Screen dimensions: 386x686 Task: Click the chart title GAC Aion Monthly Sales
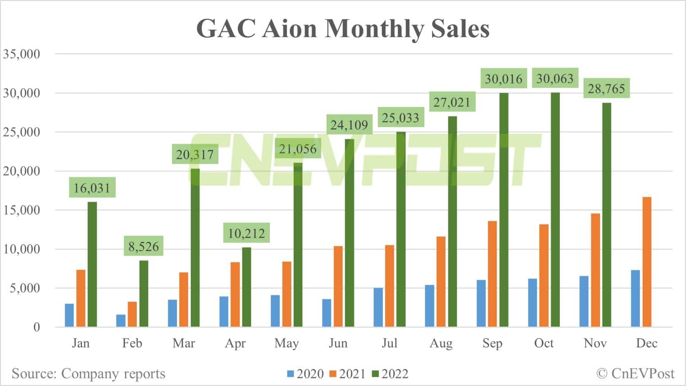[x=343, y=28]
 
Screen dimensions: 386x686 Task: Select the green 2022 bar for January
[x=92, y=264]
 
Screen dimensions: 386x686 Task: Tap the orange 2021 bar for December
[x=647, y=262]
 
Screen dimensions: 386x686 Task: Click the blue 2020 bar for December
[x=635, y=298]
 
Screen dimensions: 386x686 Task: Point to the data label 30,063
[x=554, y=79]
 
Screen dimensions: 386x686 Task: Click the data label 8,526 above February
[x=144, y=247]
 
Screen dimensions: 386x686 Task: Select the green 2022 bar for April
[x=247, y=287]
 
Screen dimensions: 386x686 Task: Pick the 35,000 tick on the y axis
[x=21, y=54]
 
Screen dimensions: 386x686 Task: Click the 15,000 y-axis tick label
[x=21, y=210]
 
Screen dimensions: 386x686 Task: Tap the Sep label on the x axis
[x=492, y=343]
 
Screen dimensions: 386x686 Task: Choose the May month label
[x=286, y=343]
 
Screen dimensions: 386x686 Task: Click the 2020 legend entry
[x=305, y=374]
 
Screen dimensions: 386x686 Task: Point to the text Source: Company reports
[x=88, y=374]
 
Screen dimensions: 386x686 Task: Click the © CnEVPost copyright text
[x=635, y=374]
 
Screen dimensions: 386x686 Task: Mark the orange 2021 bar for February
[x=132, y=314]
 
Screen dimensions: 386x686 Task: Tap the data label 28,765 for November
[x=606, y=89]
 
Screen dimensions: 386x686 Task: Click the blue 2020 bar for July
[x=378, y=307]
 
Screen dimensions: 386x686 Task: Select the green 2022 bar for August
[x=452, y=221]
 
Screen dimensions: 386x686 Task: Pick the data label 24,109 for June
[x=349, y=125]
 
